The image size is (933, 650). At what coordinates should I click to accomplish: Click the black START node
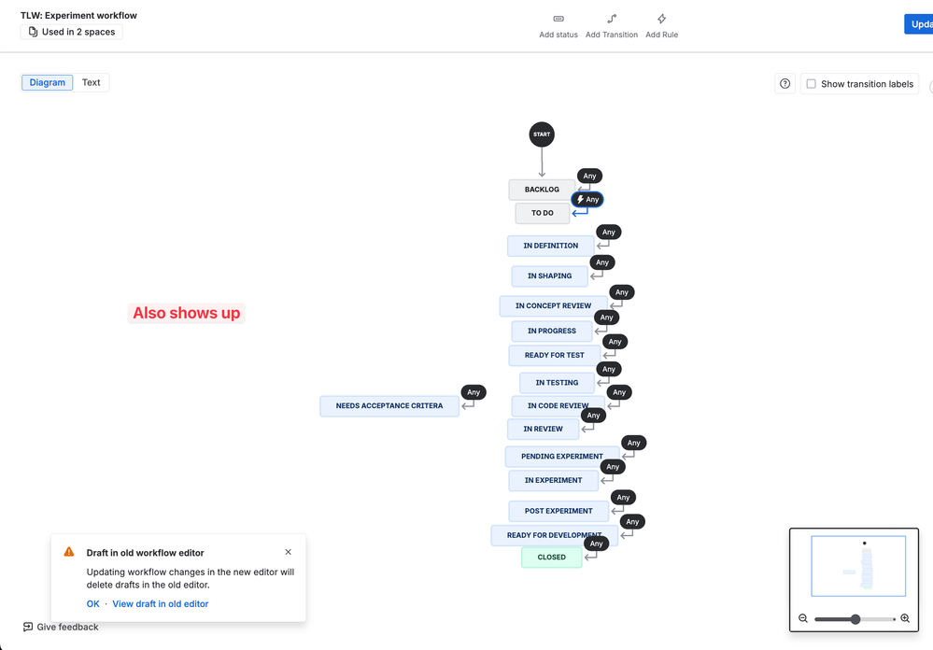(x=542, y=134)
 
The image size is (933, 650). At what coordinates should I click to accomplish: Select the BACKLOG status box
(x=541, y=190)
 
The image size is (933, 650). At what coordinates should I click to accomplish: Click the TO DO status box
(x=542, y=213)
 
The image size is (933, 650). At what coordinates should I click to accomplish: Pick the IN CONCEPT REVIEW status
(x=553, y=305)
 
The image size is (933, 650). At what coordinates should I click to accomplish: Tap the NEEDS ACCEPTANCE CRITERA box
(x=389, y=406)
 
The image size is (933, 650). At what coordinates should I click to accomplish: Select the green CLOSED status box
(x=551, y=558)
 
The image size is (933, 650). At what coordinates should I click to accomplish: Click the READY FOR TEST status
(x=554, y=355)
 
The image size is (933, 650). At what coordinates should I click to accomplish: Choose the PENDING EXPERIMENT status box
(x=561, y=457)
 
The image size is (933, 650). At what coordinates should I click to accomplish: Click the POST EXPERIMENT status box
(x=558, y=511)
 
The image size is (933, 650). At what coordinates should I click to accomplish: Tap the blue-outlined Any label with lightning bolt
(x=587, y=200)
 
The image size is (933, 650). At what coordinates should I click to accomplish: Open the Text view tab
(x=91, y=82)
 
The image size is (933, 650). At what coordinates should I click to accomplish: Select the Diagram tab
(x=48, y=82)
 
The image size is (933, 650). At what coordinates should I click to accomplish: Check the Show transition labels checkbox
(x=812, y=84)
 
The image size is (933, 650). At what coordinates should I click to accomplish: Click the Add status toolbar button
(x=558, y=25)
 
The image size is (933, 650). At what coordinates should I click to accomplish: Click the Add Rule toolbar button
(x=661, y=25)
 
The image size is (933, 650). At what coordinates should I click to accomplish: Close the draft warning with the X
(x=288, y=552)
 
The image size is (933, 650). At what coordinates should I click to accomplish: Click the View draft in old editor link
(x=161, y=604)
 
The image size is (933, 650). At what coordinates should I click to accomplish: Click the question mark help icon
(x=785, y=84)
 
